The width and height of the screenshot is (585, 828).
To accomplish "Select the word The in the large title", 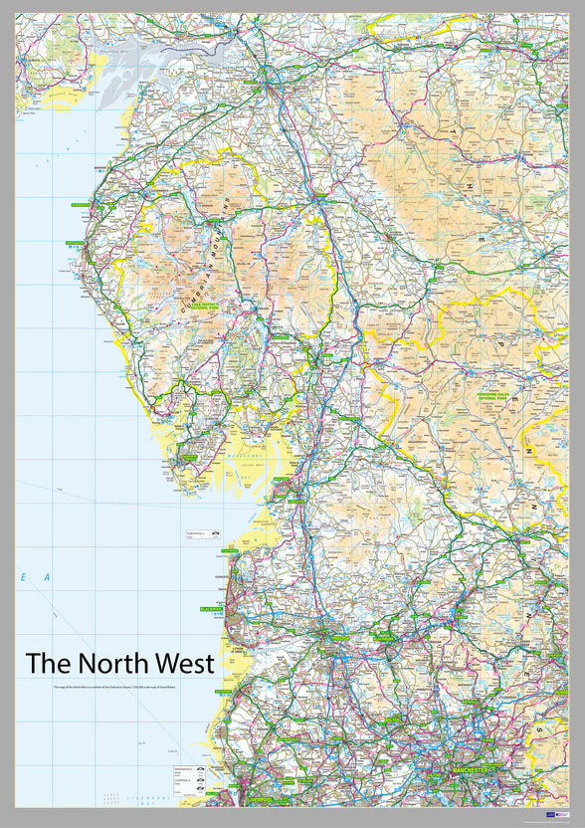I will click(x=46, y=664).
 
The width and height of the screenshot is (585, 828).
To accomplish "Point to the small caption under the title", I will click(x=119, y=688).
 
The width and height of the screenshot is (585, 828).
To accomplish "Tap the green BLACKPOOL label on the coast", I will click(x=214, y=607).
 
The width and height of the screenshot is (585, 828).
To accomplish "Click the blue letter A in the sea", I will click(x=46, y=577).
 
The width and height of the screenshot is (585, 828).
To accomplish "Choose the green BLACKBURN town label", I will click(x=382, y=638).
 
